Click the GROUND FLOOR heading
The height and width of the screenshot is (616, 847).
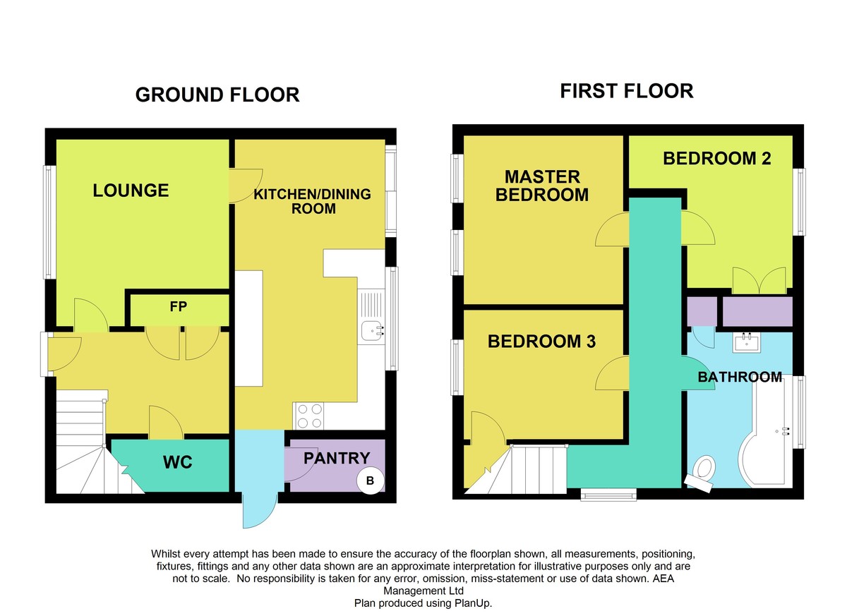tap(217, 95)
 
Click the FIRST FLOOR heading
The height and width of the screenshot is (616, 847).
tap(627, 91)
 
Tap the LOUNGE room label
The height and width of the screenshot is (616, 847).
tap(131, 190)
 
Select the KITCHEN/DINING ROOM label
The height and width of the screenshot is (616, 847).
tap(312, 201)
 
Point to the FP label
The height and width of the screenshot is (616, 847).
tap(179, 306)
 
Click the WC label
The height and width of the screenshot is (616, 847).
tap(178, 461)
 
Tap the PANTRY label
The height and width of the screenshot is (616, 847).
tap(337, 458)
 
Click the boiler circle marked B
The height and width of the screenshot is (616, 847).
tap(371, 481)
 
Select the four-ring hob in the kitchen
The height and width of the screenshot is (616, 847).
tap(309, 416)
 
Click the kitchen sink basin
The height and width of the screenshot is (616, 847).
tap(372, 331)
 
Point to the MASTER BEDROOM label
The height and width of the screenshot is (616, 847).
tap(542, 186)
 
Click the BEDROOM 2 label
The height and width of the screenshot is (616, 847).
tap(717, 158)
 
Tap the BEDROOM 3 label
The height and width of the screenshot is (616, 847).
tap(541, 342)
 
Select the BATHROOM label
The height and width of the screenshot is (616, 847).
tap(740, 377)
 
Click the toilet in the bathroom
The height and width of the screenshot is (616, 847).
tap(702, 473)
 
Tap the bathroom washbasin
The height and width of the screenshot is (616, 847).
tap(747, 342)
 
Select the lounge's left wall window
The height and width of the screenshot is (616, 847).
tap(49, 222)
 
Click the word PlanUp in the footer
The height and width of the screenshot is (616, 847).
tap(473, 603)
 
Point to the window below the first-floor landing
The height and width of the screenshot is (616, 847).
tap(608, 495)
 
